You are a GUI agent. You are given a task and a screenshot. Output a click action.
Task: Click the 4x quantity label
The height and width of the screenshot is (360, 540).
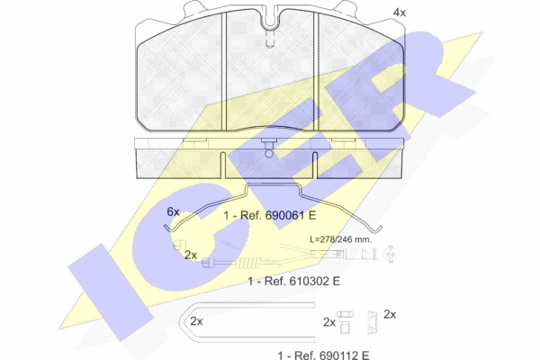pyautogui.click(x=400, y=13)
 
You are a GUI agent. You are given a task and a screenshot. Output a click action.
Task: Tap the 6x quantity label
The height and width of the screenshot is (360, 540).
pyautogui.click(x=173, y=211)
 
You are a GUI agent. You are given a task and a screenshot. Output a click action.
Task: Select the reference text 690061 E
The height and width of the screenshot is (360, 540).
pyautogui.click(x=291, y=215)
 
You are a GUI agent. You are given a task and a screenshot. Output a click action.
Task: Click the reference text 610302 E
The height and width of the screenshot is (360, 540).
pyautogui.click(x=315, y=281)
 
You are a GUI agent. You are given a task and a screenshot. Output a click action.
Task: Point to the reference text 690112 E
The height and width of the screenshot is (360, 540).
pyautogui.click(x=344, y=355)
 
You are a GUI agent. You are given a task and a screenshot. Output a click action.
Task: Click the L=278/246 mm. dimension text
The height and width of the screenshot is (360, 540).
pyautogui.click(x=341, y=239)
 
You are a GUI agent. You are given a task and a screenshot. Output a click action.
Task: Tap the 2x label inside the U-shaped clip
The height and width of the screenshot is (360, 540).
pyautogui.click(x=196, y=321)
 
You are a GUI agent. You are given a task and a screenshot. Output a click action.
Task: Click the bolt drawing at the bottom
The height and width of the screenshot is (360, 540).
pyautogui.click(x=345, y=322)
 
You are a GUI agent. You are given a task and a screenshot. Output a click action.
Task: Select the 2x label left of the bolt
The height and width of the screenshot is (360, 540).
pyautogui.click(x=329, y=322)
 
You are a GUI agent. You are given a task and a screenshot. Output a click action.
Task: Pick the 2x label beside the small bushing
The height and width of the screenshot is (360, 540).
pyautogui.click(x=390, y=314)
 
